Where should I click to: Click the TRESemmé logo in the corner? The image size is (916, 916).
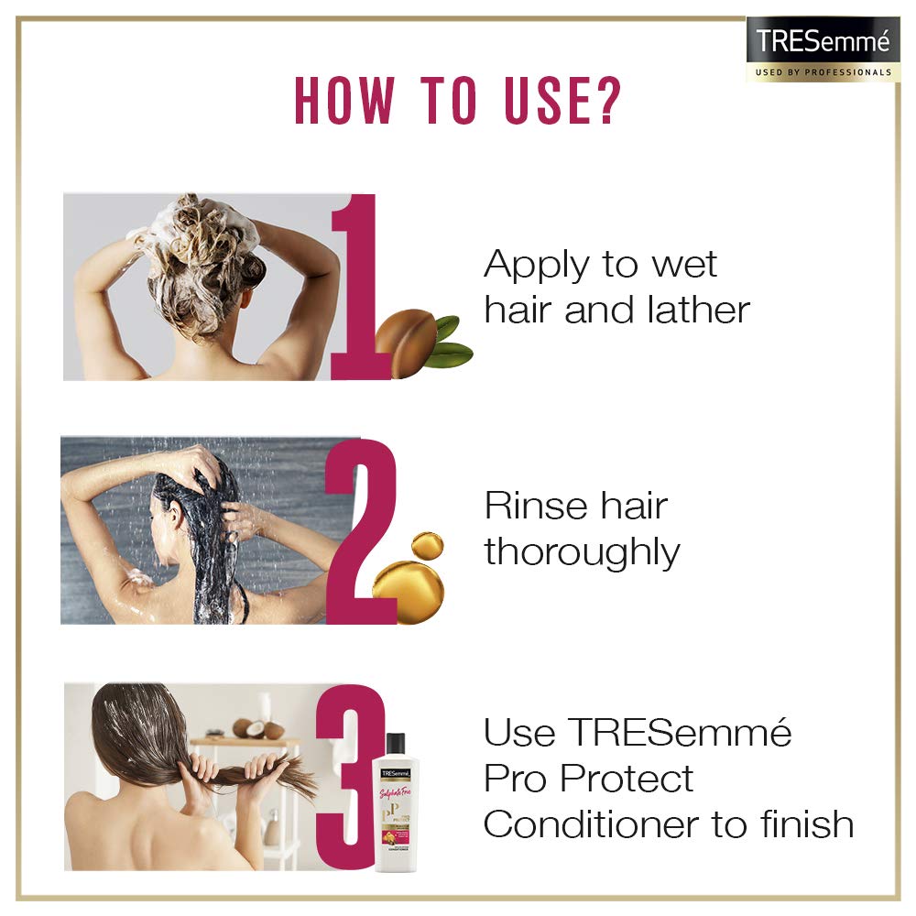click(822, 42)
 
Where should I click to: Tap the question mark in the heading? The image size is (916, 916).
click(605, 102)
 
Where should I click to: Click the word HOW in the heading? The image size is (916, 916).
click(346, 102)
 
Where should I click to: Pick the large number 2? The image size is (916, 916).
click(361, 531)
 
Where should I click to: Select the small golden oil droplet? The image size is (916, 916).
click(428, 547)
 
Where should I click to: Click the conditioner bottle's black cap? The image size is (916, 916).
click(396, 747)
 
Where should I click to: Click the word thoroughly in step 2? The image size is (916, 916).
click(582, 553)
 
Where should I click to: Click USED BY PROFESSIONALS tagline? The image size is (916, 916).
click(822, 71)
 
